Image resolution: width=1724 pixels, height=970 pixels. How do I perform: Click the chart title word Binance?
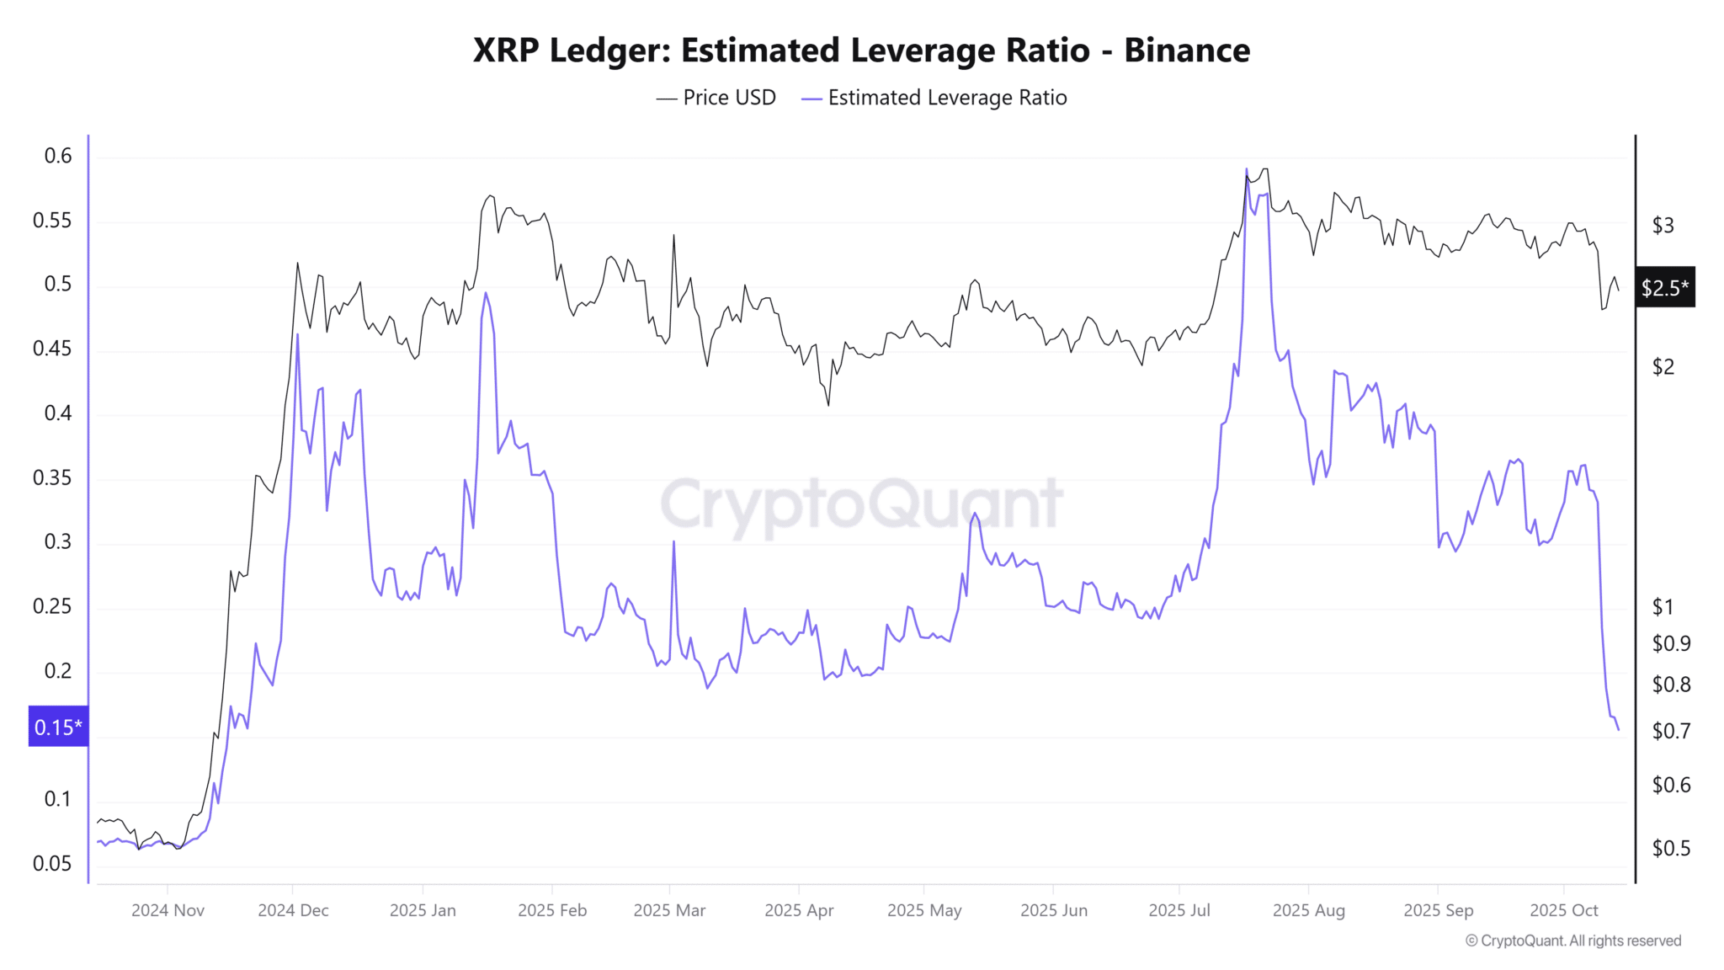[1186, 51]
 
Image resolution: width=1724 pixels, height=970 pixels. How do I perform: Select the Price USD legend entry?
[716, 98]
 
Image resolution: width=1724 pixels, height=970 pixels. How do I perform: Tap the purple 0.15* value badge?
[58, 727]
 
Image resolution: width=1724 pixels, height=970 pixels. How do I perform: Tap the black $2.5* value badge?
[1664, 288]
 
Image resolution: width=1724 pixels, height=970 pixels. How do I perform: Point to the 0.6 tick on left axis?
[58, 156]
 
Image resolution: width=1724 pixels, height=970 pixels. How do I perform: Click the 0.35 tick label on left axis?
[52, 478]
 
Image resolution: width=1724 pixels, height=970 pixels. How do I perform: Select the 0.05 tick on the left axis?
[52, 863]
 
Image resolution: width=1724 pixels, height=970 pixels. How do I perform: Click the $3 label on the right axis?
[1663, 226]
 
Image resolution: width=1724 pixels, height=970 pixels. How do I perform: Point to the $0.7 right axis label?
[1671, 731]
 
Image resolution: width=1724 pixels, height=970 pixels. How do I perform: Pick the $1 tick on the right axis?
[1663, 607]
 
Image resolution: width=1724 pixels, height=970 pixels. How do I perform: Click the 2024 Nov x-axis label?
[168, 910]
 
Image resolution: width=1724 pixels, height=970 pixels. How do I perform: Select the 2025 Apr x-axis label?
[799, 910]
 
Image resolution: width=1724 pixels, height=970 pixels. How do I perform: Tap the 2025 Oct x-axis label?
[1563, 910]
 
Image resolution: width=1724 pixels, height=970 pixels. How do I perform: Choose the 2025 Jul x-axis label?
[1179, 910]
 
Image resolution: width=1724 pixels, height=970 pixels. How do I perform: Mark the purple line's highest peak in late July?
[1247, 170]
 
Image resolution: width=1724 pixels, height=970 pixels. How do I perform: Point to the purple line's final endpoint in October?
[1618, 730]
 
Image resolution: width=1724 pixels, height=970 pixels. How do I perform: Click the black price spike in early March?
[673, 236]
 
